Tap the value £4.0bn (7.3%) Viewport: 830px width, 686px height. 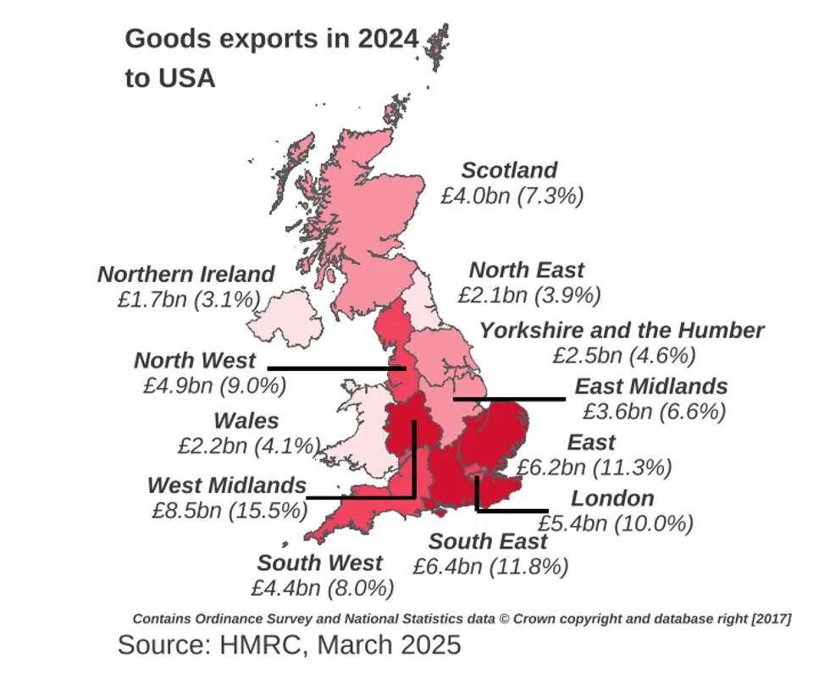[x=512, y=196]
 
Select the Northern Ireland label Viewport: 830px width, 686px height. [x=185, y=274]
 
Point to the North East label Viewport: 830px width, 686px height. [x=526, y=270]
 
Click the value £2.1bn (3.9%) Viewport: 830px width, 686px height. [x=528, y=296]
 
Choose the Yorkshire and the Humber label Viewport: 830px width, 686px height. [x=622, y=329]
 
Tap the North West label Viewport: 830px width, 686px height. [x=196, y=360]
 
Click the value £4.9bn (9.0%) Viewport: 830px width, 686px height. [x=214, y=385]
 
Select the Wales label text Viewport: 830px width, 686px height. [x=246, y=420]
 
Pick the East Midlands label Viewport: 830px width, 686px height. [x=650, y=386]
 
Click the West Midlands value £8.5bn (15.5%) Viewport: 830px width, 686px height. [x=228, y=511]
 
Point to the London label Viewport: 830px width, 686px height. [x=612, y=498]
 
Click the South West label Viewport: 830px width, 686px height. [x=320, y=562]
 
